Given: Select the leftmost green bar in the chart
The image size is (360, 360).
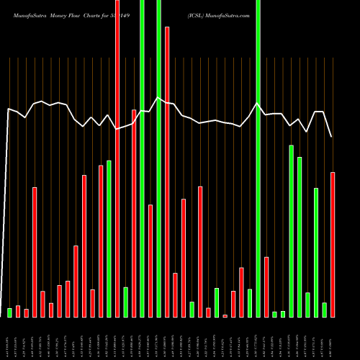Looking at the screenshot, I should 10,312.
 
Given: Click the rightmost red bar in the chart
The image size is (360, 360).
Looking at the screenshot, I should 333,245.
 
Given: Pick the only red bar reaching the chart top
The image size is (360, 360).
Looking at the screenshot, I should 117,158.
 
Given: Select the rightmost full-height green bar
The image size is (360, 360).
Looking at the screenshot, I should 258,158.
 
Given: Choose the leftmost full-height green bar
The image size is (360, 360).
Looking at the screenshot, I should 142,158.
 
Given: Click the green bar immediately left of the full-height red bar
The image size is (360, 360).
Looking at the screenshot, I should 109,238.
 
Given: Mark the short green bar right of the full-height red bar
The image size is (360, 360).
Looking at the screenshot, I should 125,302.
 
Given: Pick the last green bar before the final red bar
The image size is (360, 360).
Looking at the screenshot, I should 324,310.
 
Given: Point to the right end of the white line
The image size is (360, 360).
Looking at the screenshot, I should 331,136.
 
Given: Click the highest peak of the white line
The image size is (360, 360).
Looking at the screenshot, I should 158,98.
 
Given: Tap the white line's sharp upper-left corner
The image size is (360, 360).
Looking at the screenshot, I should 8,109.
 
